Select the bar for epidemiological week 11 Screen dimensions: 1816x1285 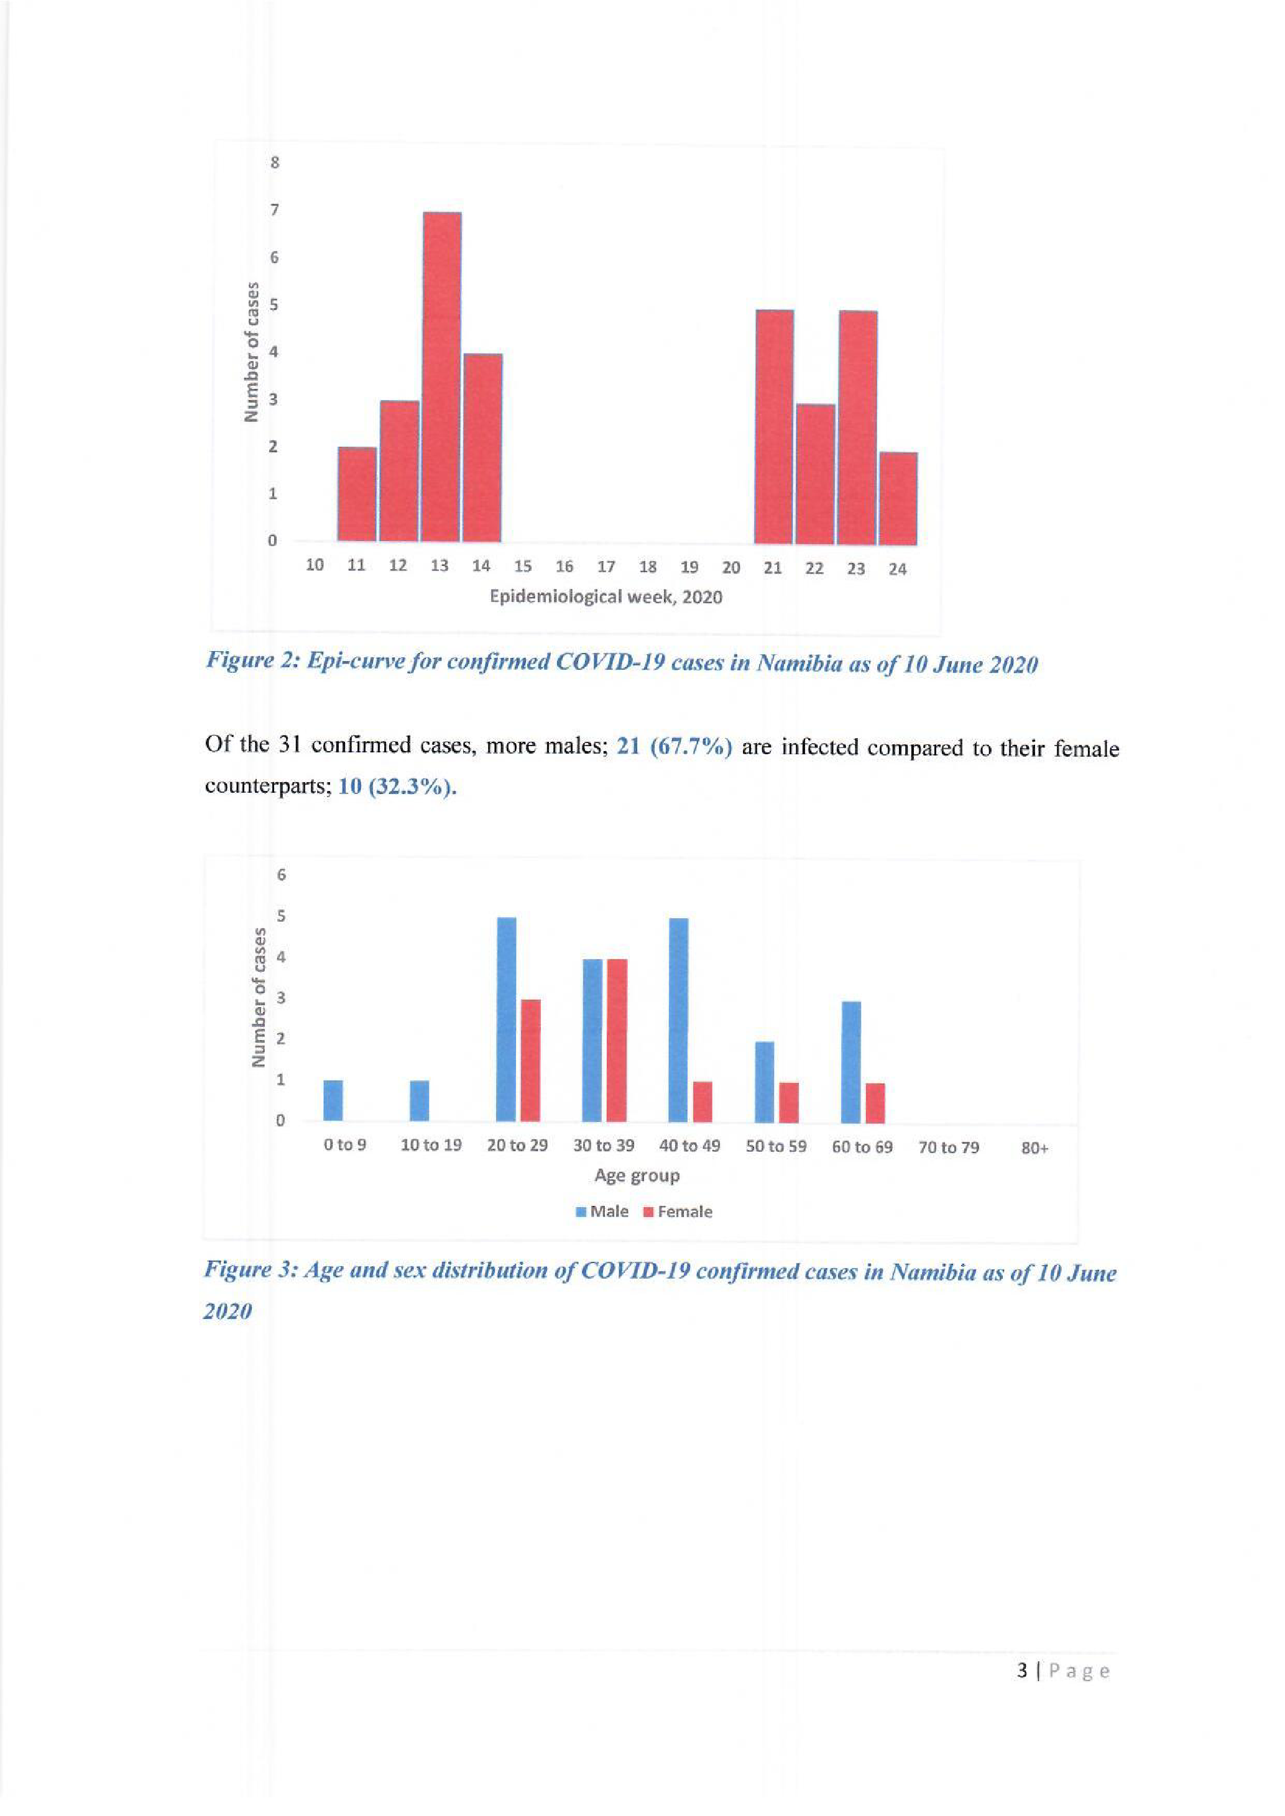point(357,495)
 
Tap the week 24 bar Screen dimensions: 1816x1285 point(898,498)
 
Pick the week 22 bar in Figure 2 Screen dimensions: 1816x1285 point(815,474)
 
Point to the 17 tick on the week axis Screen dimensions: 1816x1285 point(606,567)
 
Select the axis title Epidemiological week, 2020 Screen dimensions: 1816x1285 point(606,596)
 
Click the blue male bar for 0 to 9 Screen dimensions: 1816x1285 point(334,1100)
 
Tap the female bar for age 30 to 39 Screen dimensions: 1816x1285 point(616,1040)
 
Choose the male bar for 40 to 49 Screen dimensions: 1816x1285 point(679,1020)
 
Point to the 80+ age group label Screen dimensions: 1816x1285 point(1034,1148)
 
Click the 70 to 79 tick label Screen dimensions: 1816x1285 point(949,1147)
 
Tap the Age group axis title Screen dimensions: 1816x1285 point(637,1175)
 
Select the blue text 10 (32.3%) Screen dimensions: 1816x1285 point(397,788)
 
